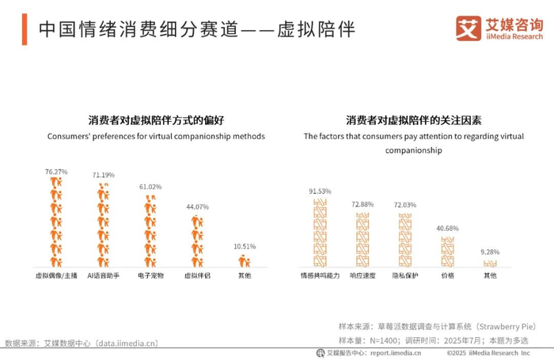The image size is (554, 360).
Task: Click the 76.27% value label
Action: (x=56, y=172)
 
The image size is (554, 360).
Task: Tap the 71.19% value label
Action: (x=104, y=175)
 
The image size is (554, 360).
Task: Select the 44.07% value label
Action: (x=198, y=207)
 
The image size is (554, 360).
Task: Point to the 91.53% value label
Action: (x=320, y=191)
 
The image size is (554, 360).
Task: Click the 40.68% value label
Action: (x=448, y=228)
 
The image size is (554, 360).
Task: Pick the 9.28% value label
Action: (x=490, y=252)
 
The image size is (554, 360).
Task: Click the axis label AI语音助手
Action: (x=104, y=275)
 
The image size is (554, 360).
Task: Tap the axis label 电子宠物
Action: (x=150, y=275)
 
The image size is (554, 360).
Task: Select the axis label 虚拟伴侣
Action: (x=198, y=275)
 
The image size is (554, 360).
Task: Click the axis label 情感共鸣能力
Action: (x=320, y=275)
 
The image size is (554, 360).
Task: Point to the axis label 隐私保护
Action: (x=405, y=275)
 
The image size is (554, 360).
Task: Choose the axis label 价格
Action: (x=448, y=275)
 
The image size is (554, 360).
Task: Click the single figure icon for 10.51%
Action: (x=245, y=261)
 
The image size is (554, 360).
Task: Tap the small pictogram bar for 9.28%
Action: (x=490, y=263)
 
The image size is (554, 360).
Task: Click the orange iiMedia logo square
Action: (x=469, y=28)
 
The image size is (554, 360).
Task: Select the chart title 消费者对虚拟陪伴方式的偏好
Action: (x=156, y=120)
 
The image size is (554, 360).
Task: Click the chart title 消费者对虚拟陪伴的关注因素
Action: (x=414, y=120)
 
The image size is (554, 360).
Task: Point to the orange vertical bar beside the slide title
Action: (x=25, y=29)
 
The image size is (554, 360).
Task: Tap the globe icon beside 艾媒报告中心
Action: (x=321, y=353)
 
